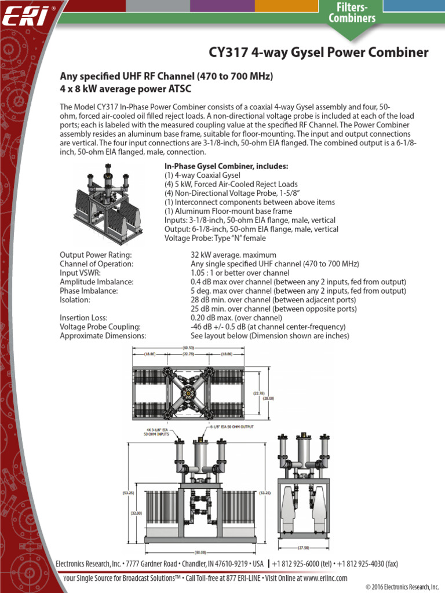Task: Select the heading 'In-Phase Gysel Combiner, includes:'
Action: click(226, 166)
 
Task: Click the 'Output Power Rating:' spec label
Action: click(96, 255)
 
